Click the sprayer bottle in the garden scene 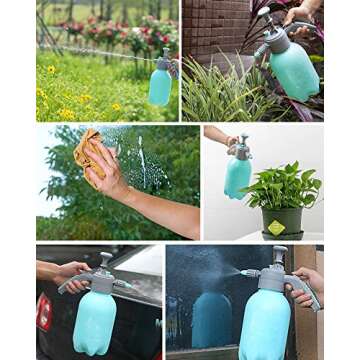coord(160,84)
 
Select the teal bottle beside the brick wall coord(294,70)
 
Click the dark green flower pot coord(281,221)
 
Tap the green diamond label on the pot coord(276,227)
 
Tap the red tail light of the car coord(43,309)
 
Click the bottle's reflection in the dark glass coord(211,320)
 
